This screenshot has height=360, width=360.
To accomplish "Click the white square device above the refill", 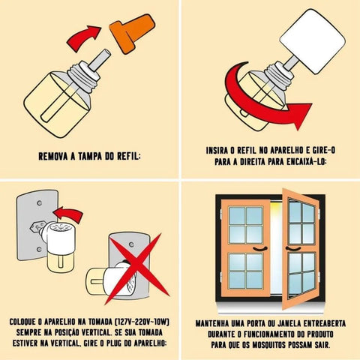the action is point(313,41).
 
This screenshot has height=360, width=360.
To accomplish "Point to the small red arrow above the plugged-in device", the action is point(68,214).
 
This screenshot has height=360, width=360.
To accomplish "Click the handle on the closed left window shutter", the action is point(260,249).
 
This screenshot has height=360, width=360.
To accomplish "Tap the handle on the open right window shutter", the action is point(293,249).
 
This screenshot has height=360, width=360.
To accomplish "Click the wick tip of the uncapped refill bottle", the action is point(106,52).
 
